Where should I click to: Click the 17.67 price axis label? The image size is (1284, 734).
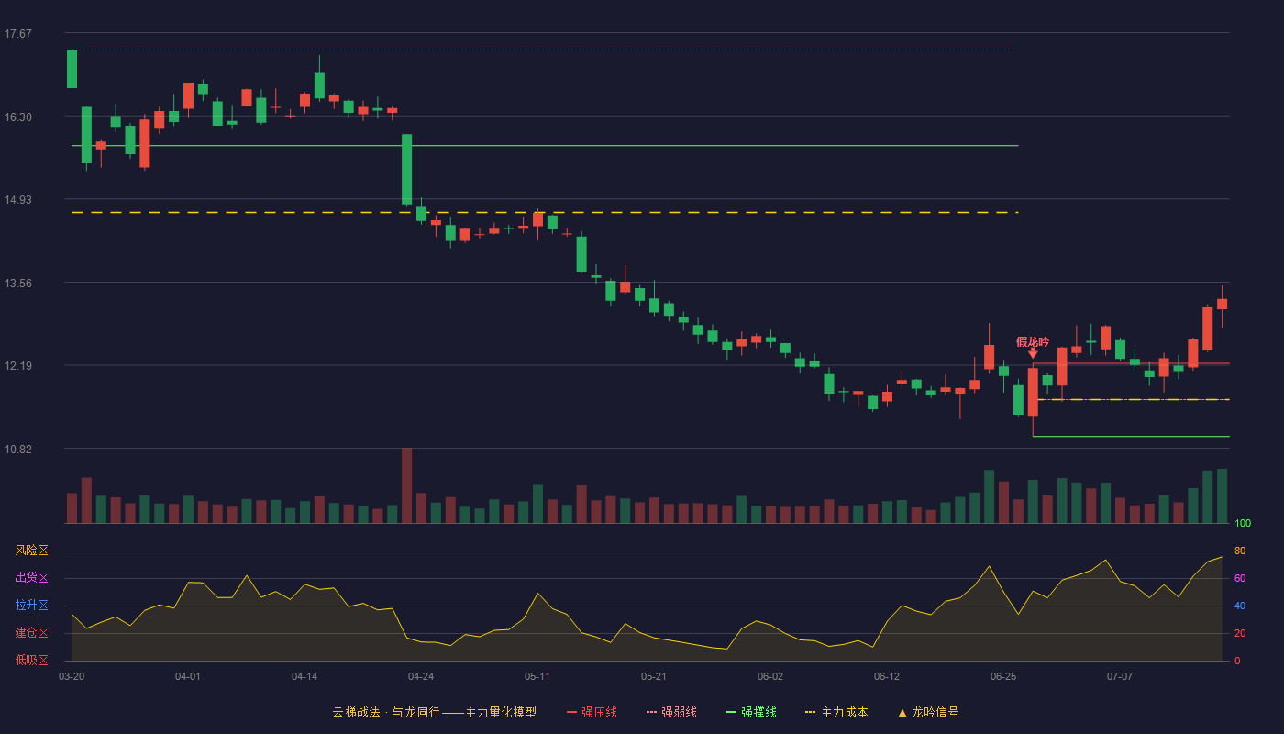17,34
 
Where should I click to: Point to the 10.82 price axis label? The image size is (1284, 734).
17,449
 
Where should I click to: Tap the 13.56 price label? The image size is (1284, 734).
17,284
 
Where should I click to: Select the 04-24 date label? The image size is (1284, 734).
421,677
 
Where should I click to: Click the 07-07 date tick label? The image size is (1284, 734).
1120,677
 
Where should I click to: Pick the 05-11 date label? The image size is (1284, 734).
537,677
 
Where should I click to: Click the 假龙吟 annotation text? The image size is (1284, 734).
1033,342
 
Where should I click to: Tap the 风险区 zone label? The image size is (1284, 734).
31,550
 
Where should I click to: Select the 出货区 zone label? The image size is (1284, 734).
31,577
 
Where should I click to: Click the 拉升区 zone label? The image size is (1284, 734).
31,605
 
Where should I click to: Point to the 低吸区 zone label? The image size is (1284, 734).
31,660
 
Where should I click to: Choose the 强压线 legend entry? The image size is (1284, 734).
592,712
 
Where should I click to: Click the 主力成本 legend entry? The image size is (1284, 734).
836,712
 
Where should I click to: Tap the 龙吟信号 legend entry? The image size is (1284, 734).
928,712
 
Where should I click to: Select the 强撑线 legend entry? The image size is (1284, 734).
751,712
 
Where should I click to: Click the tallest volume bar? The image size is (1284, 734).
407,485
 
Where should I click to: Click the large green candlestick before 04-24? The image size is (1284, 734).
407,169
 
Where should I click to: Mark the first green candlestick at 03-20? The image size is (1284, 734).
72,69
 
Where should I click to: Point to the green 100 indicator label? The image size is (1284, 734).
1243,523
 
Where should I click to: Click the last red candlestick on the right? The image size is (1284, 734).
1222,304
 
